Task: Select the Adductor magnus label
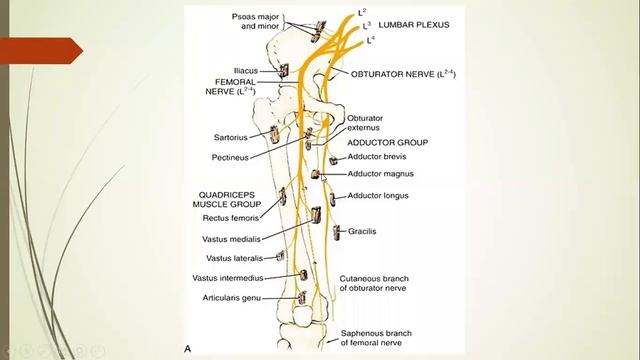tap(380, 173)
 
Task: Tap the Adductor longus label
tap(377, 195)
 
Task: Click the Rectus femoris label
tap(231, 217)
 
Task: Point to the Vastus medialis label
tap(229, 238)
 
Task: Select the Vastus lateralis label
tap(227, 258)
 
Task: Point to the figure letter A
tap(188, 347)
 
